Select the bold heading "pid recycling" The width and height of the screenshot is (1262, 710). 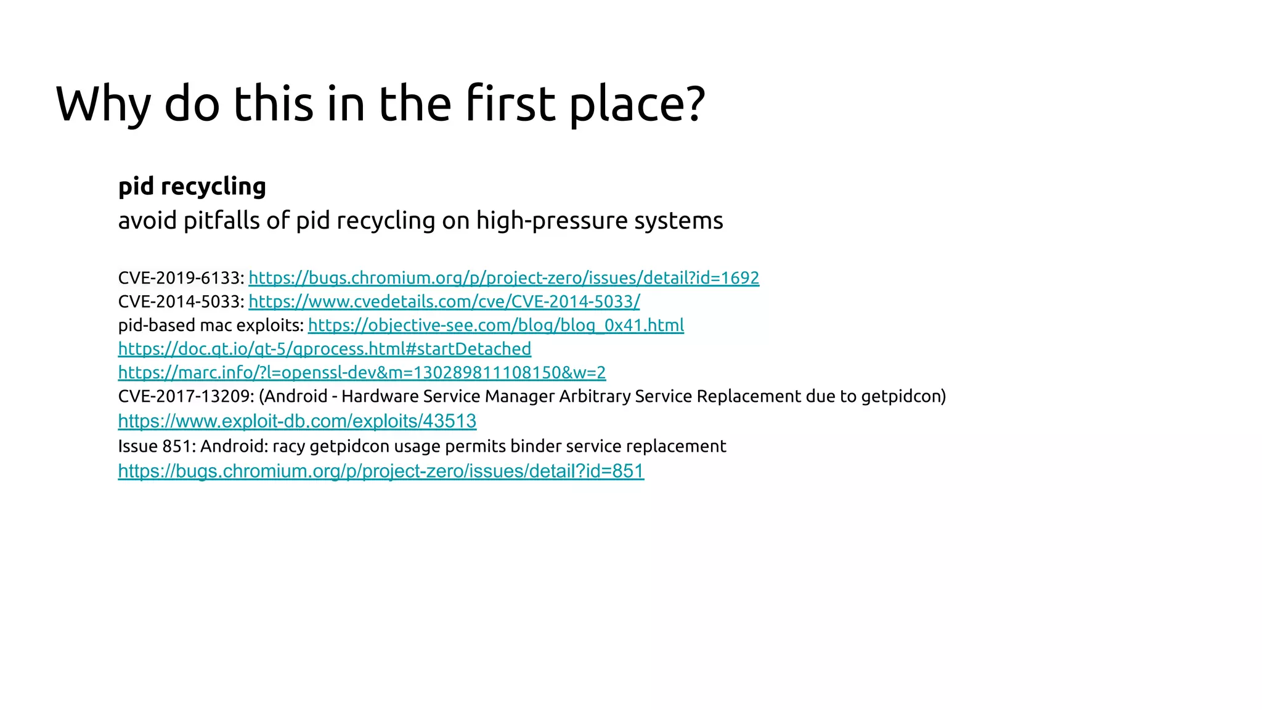[192, 186]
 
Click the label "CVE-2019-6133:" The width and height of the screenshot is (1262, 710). [181, 278]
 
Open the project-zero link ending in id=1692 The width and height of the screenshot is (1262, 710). [503, 278]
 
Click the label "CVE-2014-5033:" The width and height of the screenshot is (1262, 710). [181, 301]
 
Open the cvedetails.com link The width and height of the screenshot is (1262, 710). [444, 301]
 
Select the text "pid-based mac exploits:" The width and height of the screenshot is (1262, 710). [211, 325]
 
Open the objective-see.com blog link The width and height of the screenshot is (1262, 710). [495, 325]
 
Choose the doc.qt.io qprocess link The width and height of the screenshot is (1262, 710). [324, 349]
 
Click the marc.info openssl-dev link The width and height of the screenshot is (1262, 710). [362, 373]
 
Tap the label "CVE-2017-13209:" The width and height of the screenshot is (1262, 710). [186, 396]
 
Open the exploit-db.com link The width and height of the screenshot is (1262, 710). [297, 421]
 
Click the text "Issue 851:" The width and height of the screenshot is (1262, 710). [157, 446]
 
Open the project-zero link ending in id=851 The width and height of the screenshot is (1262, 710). [381, 471]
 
